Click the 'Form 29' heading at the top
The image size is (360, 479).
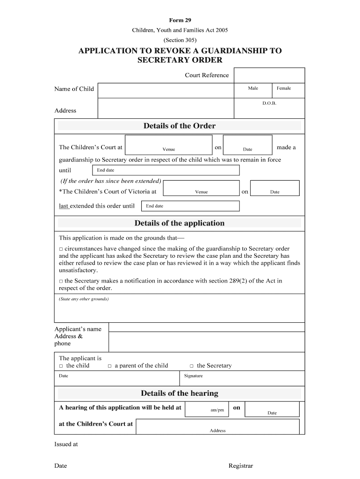click(x=180, y=20)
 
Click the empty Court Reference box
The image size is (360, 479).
click(x=269, y=75)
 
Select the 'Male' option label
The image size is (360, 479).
click(x=253, y=88)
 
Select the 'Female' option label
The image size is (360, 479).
click(x=284, y=88)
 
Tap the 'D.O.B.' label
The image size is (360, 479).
click(x=269, y=103)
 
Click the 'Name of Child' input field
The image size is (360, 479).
click(x=166, y=90)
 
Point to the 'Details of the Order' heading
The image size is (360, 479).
click(x=180, y=126)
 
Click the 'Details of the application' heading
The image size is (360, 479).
click(x=180, y=223)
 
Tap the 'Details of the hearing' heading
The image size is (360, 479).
click(x=180, y=393)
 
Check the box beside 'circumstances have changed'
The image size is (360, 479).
click(x=61, y=249)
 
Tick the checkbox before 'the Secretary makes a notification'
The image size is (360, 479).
click(x=61, y=281)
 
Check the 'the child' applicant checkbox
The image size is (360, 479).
click(x=61, y=366)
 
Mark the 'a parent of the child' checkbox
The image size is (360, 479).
click(x=110, y=366)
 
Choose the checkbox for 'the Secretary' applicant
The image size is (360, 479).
click(x=192, y=366)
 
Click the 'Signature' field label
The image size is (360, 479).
click(x=194, y=376)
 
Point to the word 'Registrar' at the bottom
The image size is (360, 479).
click(x=240, y=466)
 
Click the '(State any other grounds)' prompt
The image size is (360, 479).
click(x=84, y=299)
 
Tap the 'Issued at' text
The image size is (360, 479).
click(x=66, y=444)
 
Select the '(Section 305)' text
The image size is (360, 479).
click(x=180, y=40)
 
